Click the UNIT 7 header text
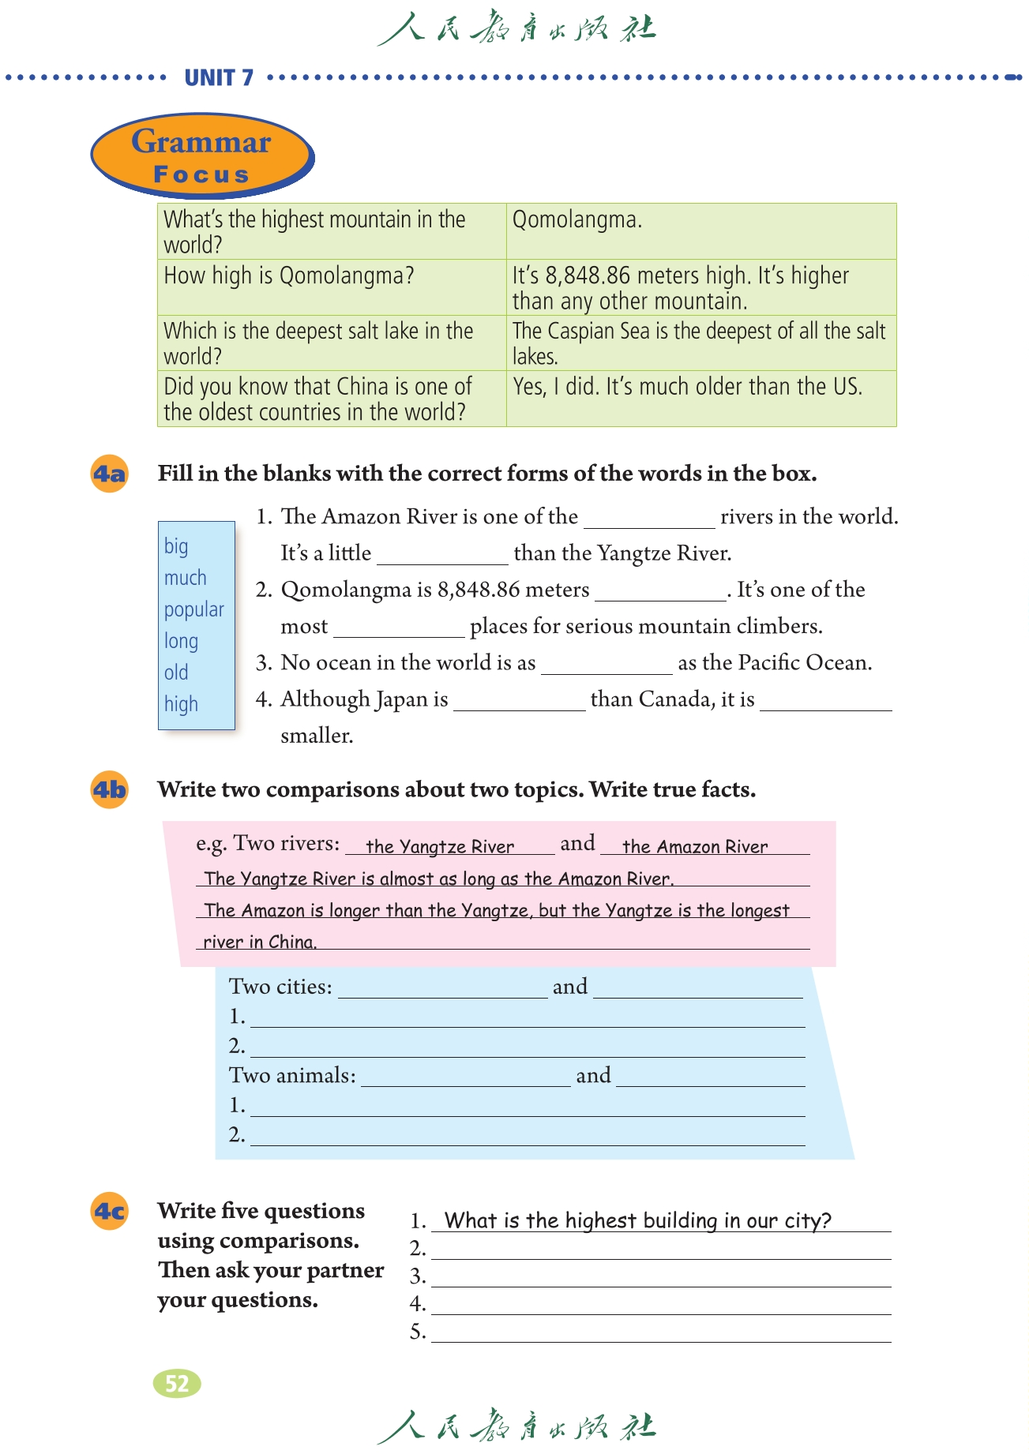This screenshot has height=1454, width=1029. [x=219, y=77]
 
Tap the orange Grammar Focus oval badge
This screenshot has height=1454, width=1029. [x=201, y=156]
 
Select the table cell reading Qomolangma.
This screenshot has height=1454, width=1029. [x=700, y=230]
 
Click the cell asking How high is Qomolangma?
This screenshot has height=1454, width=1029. [x=332, y=287]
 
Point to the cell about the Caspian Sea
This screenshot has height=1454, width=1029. [x=700, y=343]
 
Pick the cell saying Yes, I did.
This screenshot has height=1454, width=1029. [x=700, y=398]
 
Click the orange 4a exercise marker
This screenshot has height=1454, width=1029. [x=110, y=474]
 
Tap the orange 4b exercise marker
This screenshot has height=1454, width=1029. [x=110, y=789]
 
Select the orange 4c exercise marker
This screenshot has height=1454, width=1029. [x=110, y=1211]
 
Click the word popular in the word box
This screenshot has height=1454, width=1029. [x=194, y=609]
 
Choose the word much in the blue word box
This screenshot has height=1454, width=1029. [x=186, y=578]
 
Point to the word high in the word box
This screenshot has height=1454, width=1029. [x=181, y=704]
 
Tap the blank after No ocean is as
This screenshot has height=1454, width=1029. [x=607, y=665]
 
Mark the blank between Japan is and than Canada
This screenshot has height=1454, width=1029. [x=520, y=701]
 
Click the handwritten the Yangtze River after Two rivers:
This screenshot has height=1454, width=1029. [x=441, y=846]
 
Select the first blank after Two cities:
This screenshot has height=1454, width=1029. [x=442, y=989]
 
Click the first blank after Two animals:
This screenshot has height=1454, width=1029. [x=466, y=1077]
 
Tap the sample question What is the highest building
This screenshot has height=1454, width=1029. [x=638, y=1220]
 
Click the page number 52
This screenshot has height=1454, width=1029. [x=177, y=1383]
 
